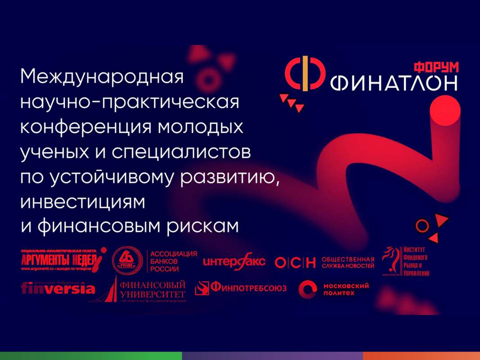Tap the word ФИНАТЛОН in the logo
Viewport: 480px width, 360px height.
point(394,83)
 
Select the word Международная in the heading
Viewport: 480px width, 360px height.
point(102,76)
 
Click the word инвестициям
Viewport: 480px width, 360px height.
point(83,202)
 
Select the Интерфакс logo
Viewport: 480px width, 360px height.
point(234,261)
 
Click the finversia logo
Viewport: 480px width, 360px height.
point(58,288)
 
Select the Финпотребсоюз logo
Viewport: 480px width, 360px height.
point(241,288)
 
